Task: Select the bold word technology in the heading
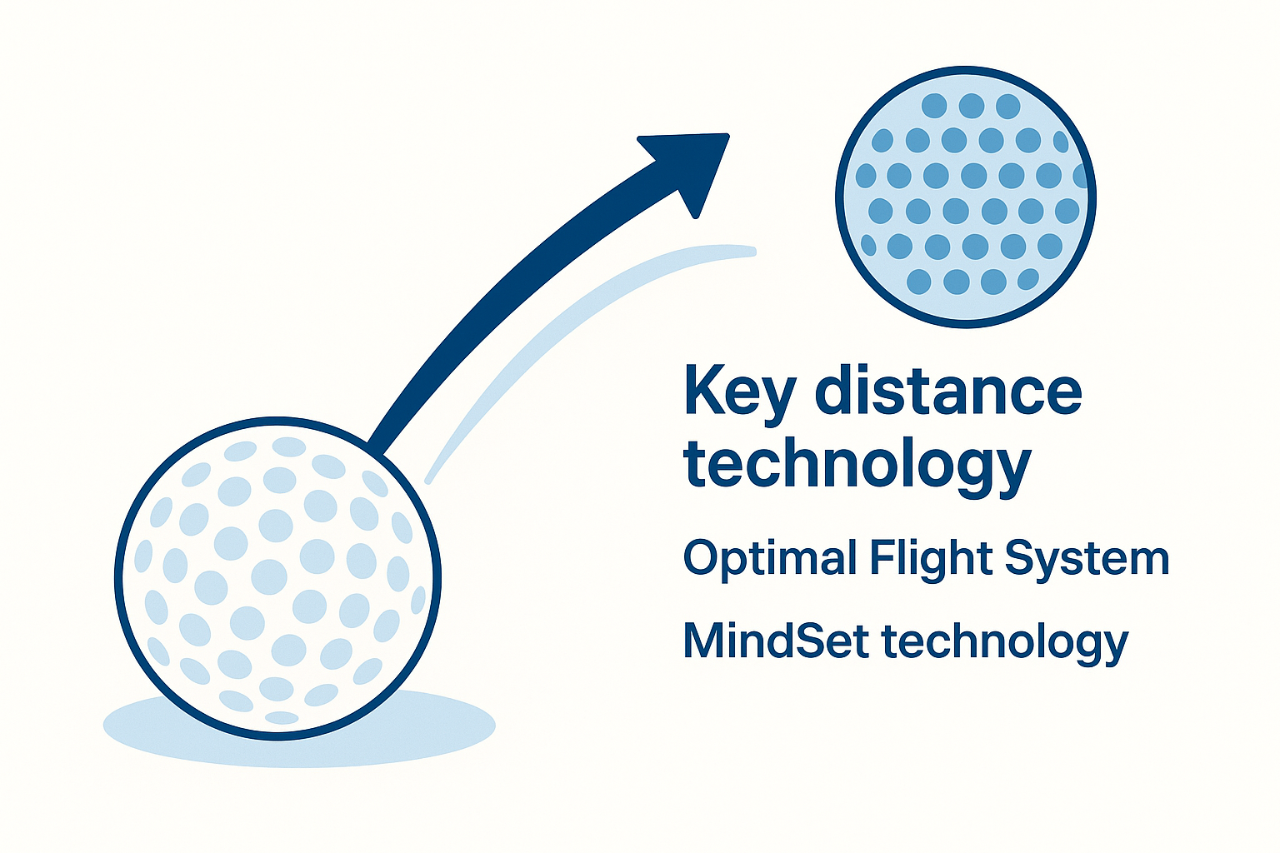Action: (x=857, y=466)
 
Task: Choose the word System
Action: (x=1087, y=559)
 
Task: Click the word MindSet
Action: (x=777, y=641)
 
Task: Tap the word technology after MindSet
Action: (x=1004, y=642)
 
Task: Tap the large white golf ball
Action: (x=277, y=578)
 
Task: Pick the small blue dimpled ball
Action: (x=966, y=197)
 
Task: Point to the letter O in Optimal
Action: (x=702, y=557)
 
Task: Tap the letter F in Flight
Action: (x=882, y=557)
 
